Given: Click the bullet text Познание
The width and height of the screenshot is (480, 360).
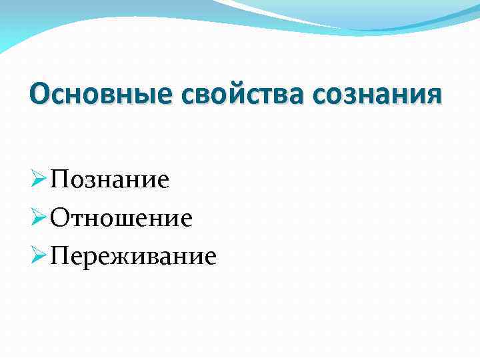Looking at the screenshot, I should point(111,180).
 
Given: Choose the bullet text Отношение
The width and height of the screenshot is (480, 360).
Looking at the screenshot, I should point(122,218).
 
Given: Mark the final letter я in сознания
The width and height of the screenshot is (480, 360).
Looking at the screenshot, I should point(432,96).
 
